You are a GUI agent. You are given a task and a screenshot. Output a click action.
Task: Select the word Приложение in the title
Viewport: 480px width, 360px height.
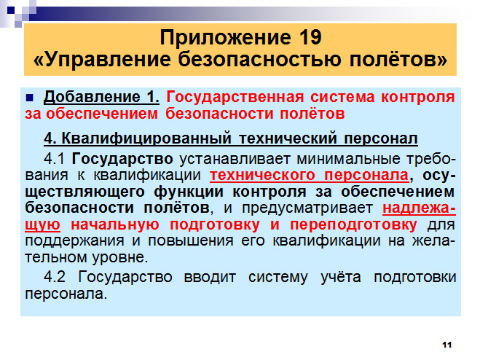point(226,38)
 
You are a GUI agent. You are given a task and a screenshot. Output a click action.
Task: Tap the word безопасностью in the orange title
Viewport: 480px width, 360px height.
point(260,59)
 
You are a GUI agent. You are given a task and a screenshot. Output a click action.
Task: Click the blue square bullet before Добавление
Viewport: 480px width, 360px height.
point(30,98)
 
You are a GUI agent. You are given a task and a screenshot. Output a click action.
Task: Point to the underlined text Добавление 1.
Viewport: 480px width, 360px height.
point(101,98)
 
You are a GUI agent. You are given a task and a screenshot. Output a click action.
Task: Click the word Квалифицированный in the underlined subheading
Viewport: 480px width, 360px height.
point(146,138)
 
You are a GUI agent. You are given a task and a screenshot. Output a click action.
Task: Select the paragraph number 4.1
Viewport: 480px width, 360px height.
point(54,159)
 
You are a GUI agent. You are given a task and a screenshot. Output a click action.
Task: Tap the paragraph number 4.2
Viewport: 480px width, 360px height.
point(55,277)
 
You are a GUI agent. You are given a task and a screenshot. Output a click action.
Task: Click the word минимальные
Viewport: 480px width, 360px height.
point(349,159)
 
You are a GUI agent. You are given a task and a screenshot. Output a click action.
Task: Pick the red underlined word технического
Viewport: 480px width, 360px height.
point(262,176)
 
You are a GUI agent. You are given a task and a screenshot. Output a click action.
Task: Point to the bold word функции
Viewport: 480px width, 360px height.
point(189,192)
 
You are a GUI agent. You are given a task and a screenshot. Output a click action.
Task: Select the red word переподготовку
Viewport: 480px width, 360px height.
point(353,225)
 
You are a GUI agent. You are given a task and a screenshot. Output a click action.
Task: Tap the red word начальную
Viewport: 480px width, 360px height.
point(115,225)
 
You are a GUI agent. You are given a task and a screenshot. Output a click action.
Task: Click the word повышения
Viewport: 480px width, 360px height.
point(190,241)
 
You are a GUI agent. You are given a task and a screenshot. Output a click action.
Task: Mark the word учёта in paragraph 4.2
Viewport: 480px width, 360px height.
point(341,277)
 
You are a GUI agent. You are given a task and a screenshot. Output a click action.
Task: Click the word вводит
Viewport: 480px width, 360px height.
point(210,277)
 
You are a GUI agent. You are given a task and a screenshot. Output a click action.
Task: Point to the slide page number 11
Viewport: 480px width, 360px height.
point(447,345)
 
